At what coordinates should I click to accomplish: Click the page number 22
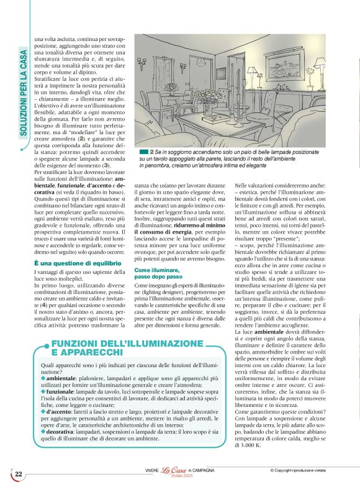(19, 474)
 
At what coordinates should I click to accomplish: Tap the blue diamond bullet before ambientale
(43, 378)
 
